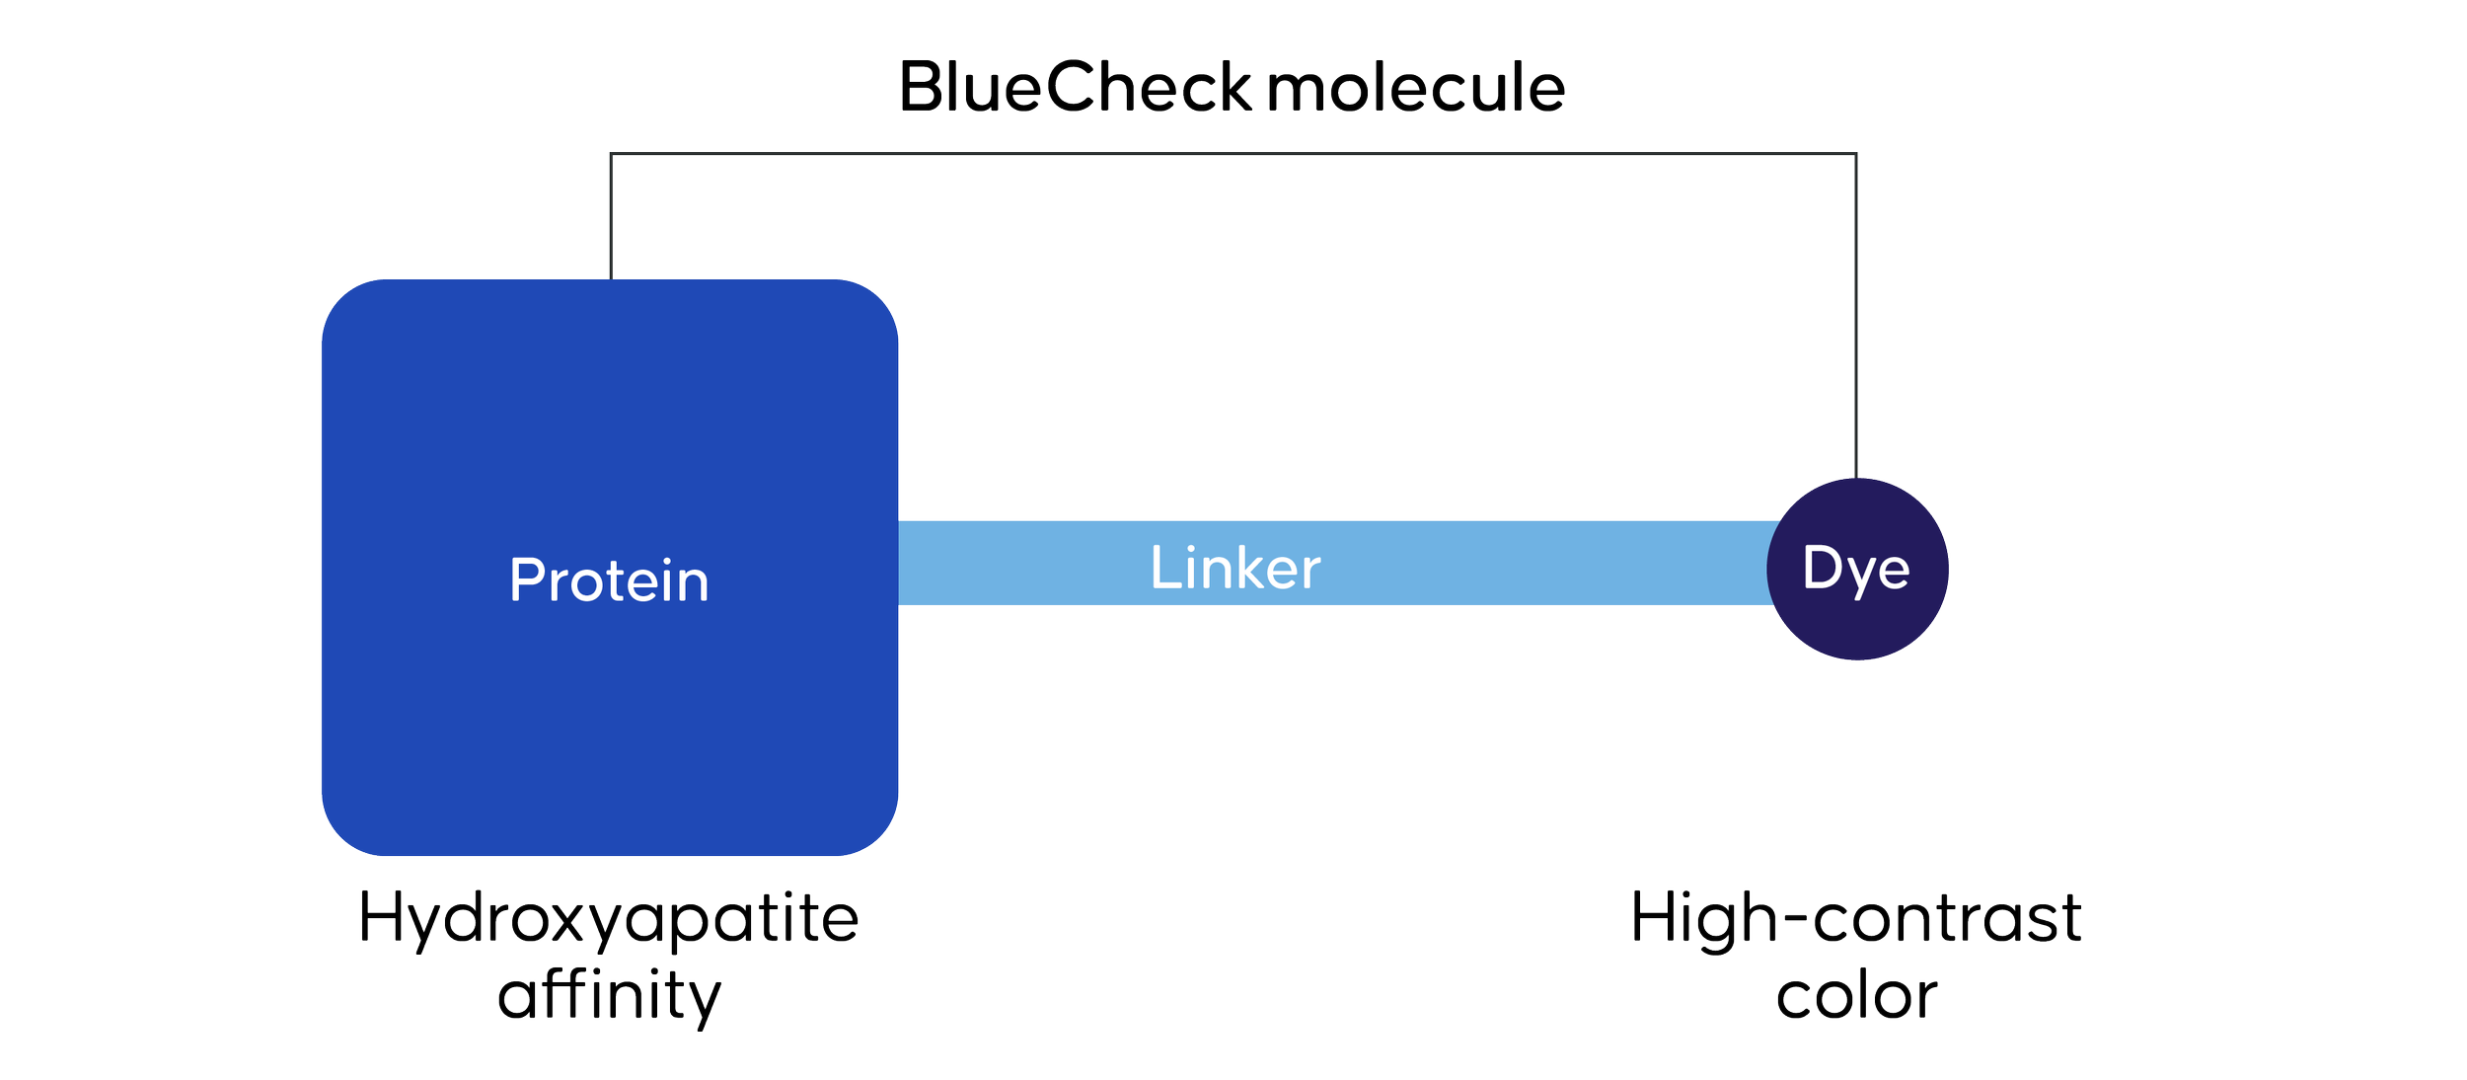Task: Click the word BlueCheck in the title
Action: pos(1076,87)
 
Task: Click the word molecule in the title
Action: pos(1415,87)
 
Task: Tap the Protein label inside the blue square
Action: pos(609,580)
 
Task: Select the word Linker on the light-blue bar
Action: pos(1234,568)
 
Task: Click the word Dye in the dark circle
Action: pos(1855,569)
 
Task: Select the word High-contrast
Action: pos(1855,918)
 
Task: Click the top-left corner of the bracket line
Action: pos(612,154)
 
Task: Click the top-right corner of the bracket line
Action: pos(1855,154)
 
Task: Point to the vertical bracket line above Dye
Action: pos(1855,316)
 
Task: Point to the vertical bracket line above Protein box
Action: pos(612,217)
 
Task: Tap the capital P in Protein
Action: pos(527,579)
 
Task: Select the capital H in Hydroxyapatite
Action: pos(381,917)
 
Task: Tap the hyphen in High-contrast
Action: pos(1795,918)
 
